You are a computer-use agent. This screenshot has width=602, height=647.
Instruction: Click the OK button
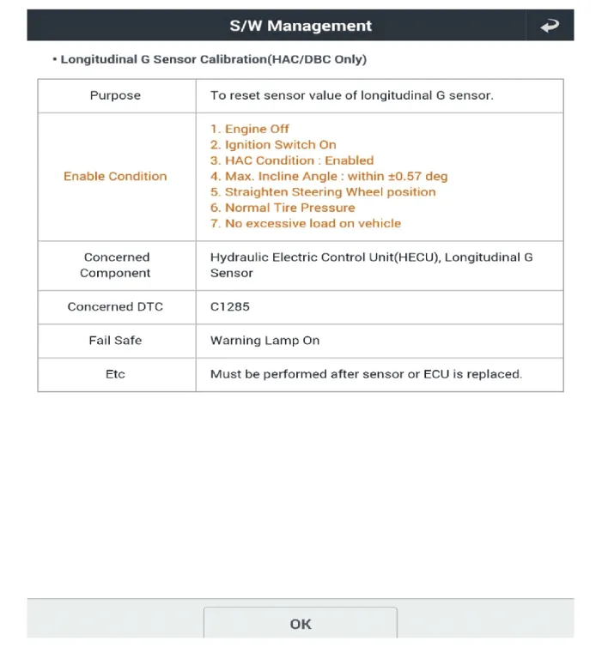pyautogui.click(x=300, y=624)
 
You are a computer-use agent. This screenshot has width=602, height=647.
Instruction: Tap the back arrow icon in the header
pyautogui.click(x=550, y=27)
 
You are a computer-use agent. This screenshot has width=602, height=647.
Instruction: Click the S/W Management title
pyautogui.click(x=301, y=26)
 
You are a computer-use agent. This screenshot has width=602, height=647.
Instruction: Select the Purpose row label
pyautogui.click(x=115, y=95)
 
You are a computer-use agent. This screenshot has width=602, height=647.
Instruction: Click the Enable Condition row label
pyautogui.click(x=115, y=176)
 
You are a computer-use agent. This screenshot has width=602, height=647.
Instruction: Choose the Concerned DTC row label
pyautogui.click(x=115, y=306)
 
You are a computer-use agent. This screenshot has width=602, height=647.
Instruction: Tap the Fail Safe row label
pyautogui.click(x=115, y=340)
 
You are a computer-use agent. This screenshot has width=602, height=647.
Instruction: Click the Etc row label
pyautogui.click(x=115, y=374)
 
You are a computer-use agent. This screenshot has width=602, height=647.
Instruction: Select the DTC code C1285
pyautogui.click(x=230, y=306)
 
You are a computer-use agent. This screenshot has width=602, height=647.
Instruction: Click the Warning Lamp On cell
pyautogui.click(x=265, y=340)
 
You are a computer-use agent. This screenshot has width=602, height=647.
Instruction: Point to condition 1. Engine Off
pyautogui.click(x=250, y=129)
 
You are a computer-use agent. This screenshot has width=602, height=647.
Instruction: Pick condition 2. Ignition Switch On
pyautogui.click(x=273, y=144)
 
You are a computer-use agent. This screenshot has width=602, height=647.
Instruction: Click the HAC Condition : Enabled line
pyautogui.click(x=292, y=160)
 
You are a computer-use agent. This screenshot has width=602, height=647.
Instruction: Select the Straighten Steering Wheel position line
pyautogui.click(x=323, y=191)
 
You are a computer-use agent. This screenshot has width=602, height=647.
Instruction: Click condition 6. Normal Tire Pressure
pyautogui.click(x=283, y=208)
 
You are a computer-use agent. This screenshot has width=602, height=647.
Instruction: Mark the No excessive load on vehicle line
pyautogui.click(x=306, y=223)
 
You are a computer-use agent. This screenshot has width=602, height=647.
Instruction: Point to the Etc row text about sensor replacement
pyautogui.click(x=366, y=374)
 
